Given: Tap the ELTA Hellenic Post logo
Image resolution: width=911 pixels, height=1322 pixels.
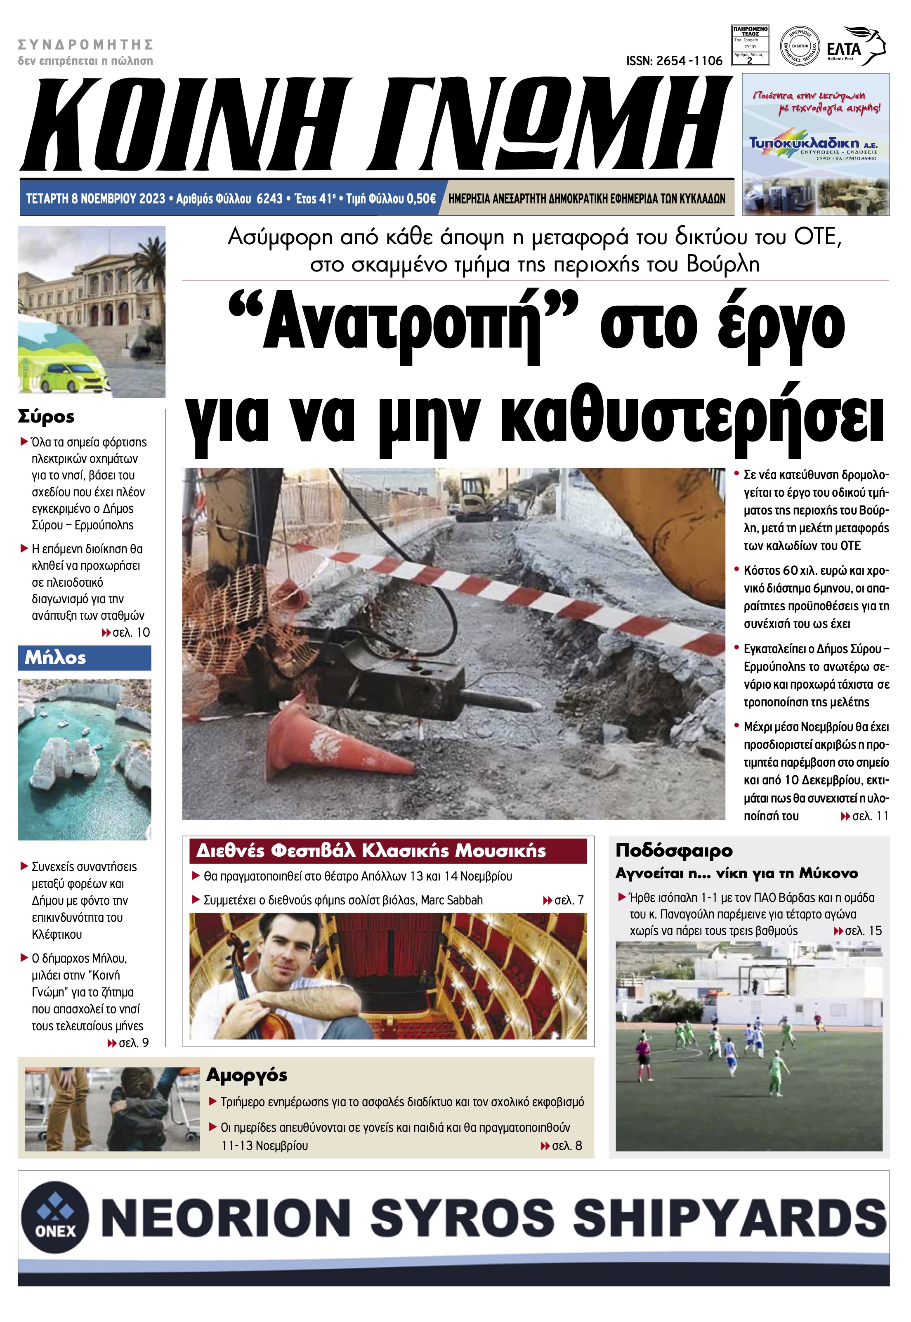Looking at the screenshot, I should tap(854, 46).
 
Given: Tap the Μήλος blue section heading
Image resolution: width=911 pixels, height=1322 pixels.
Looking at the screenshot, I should tap(55, 658).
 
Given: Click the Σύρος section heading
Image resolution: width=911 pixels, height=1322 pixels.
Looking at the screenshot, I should tap(46, 416).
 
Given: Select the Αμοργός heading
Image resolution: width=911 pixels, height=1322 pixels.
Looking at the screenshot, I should tap(247, 1075).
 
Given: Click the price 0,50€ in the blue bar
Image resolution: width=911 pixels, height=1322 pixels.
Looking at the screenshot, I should tap(420, 198).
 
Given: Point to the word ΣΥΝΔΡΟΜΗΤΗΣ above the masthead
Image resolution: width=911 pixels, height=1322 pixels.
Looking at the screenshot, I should tap(86, 45).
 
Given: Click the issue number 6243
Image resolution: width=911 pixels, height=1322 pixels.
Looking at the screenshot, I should tap(269, 198).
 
